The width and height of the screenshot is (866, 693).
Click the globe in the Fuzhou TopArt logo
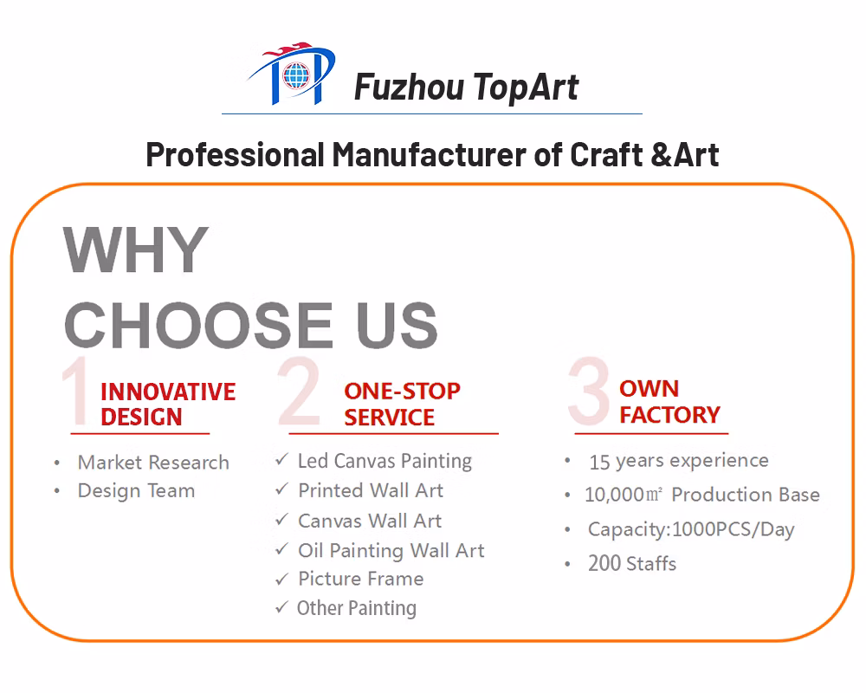coord(296,75)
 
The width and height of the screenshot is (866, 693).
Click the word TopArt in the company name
coord(526,87)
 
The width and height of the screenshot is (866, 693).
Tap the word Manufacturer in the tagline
coord(429,154)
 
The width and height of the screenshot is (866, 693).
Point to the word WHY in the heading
coord(136,249)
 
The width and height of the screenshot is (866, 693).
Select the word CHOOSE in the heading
coord(198,325)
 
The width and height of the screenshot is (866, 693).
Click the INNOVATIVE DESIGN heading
coord(168,404)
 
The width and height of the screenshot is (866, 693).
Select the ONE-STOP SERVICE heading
coord(402,404)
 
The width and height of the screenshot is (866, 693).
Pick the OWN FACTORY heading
coord(669,402)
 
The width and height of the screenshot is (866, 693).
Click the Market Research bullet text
coord(153,462)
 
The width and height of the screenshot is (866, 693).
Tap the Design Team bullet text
coord(136,491)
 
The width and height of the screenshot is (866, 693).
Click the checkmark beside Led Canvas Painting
coord(281,459)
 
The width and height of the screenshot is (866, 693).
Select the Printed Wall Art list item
coord(371,490)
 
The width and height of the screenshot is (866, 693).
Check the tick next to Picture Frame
coord(281,579)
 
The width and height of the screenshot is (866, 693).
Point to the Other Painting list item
coord(357,608)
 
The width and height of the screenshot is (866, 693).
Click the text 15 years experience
coord(679,461)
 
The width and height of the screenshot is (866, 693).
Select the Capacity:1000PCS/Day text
coord(691,529)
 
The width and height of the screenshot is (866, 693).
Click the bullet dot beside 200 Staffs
coord(567,564)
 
